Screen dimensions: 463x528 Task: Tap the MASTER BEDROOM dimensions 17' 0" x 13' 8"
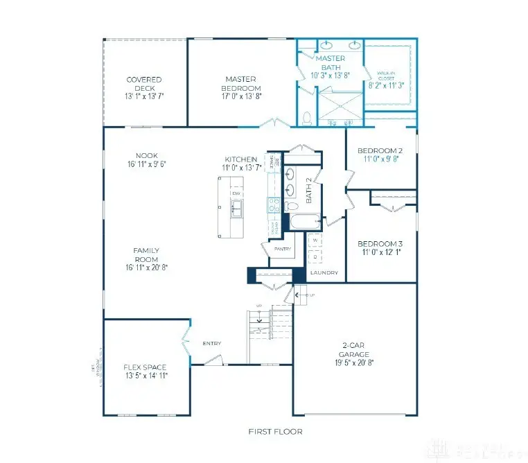(243, 98)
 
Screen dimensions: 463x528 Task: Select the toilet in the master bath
(306, 119)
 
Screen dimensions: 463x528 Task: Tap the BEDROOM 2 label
(380, 150)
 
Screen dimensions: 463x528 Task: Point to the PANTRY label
(283, 248)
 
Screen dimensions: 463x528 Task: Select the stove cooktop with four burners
(273, 204)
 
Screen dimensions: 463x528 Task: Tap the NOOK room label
(147, 155)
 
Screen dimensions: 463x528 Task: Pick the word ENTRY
(211, 343)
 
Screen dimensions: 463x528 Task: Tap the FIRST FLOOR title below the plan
(275, 432)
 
